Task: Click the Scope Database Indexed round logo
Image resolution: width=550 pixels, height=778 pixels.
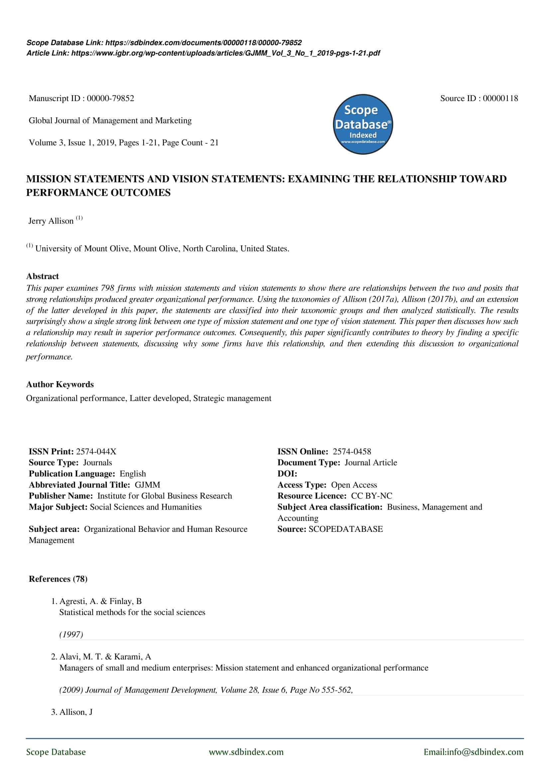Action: (363, 124)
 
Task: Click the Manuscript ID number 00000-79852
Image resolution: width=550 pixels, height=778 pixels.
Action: (110, 98)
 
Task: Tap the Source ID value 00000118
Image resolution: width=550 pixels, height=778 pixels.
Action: (500, 98)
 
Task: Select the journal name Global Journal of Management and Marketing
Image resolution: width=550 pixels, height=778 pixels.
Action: (110, 121)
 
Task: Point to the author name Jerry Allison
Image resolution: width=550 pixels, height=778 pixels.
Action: (51, 221)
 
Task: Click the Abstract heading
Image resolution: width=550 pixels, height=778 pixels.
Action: (42, 276)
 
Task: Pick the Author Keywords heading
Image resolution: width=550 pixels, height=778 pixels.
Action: (60, 384)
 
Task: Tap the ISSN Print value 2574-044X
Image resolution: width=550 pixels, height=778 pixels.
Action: (96, 451)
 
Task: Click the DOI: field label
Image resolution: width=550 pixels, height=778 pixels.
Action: (287, 474)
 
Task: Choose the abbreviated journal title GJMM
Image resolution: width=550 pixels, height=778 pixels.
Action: (147, 485)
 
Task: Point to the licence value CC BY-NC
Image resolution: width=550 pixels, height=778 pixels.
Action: (371, 496)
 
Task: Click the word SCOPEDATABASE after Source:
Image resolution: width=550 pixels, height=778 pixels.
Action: (345, 529)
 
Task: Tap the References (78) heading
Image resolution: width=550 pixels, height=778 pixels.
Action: (58, 579)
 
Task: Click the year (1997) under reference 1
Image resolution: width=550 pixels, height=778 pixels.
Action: (71, 634)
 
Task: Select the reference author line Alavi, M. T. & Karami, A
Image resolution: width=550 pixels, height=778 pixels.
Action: (105, 657)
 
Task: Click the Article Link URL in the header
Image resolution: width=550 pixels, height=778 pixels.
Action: (225, 53)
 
